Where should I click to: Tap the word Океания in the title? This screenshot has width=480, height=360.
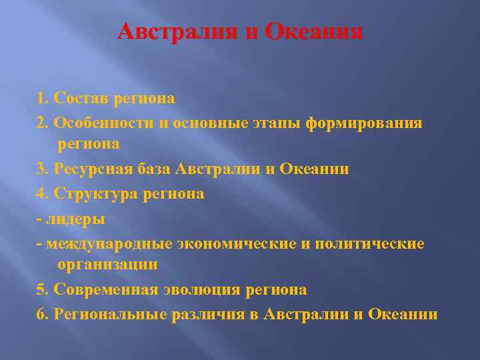313,32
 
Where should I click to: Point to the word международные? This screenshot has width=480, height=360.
108,243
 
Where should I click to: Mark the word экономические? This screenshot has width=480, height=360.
237,243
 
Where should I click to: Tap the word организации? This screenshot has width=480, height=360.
107,265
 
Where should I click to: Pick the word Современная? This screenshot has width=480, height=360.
105,290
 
